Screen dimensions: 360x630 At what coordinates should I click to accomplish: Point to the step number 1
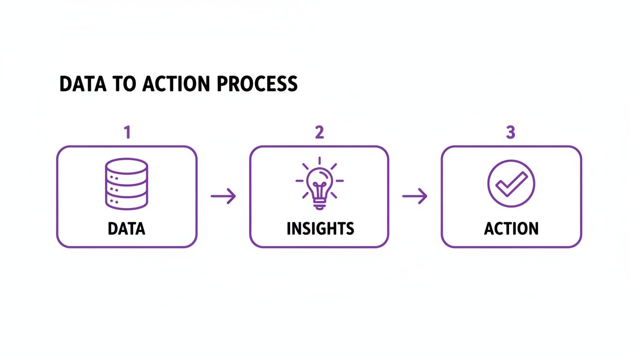pyautogui.click(x=127, y=133)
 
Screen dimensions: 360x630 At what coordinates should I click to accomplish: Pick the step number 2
pyautogui.click(x=319, y=133)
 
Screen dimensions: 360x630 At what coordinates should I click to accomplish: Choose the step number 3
pyautogui.click(x=510, y=133)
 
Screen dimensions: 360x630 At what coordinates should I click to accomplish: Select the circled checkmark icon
pyautogui.click(x=511, y=183)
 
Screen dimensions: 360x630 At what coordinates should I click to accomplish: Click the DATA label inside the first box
pyautogui.click(x=127, y=229)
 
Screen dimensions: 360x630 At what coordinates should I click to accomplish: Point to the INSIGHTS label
pyautogui.click(x=320, y=229)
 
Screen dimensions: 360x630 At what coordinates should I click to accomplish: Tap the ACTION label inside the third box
pyautogui.click(x=511, y=229)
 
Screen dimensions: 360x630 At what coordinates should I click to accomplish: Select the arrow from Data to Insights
pyautogui.click(x=223, y=196)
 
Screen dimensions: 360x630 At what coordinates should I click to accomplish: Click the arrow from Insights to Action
pyautogui.click(x=415, y=196)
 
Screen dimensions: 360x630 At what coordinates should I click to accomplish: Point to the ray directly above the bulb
pyautogui.click(x=319, y=161)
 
